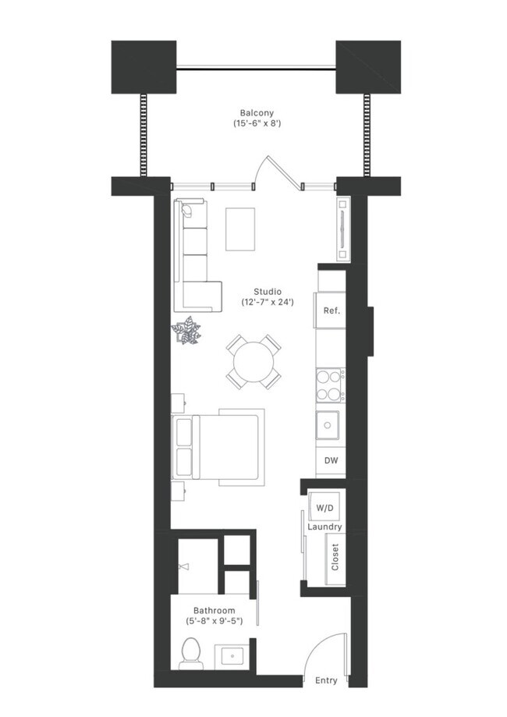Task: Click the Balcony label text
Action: pos(257,112)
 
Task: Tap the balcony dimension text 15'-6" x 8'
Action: pos(257,124)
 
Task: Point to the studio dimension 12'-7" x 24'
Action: pos(267,302)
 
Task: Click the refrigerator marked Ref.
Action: pos(331,311)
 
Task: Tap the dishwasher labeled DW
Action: pos(331,460)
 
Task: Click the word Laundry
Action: pos(324,527)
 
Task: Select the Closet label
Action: pos(335,557)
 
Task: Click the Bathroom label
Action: pos(214,610)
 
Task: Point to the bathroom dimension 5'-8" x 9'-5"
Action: pos(214,622)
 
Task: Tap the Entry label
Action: pos(326,680)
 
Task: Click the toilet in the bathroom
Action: pos(190,654)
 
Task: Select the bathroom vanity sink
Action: pos(231,655)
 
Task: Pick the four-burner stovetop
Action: pos(331,384)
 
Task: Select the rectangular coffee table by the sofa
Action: pos(239,229)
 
